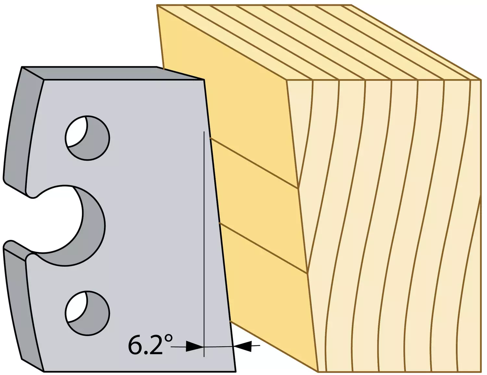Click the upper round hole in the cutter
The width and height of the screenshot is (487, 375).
point(87,138)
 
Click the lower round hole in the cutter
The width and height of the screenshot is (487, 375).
point(87,313)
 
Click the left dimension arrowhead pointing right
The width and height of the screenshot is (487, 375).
point(194,346)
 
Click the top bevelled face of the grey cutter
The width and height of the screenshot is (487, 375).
point(112,73)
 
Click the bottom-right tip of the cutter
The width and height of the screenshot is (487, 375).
point(236,371)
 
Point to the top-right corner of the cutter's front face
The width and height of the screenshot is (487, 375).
point(204,80)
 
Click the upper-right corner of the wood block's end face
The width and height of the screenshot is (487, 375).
point(481,79)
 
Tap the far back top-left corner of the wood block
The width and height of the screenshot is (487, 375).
point(157,5)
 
